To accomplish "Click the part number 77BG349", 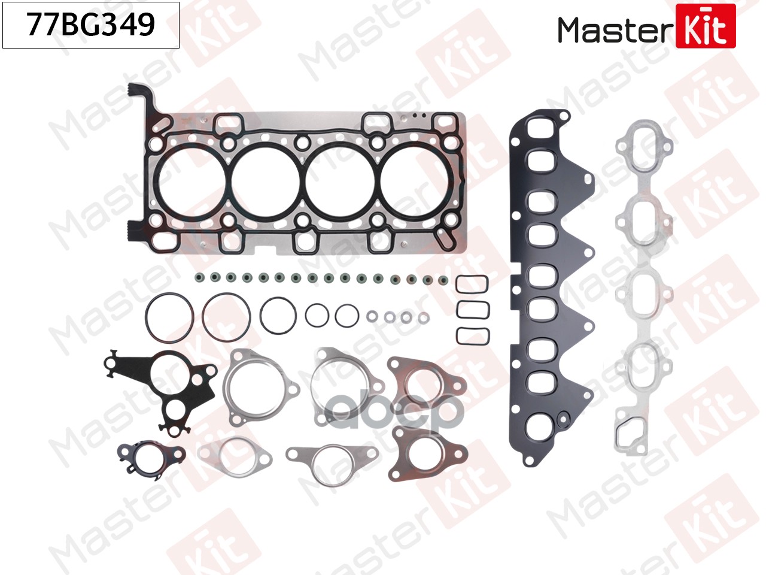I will [x=91, y=25].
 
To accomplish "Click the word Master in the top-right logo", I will [x=616, y=31].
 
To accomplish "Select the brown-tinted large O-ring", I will [x=226, y=317].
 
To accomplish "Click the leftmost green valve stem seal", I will [x=199, y=278].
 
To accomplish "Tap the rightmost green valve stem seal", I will [x=443, y=280].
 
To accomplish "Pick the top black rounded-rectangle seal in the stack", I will [x=472, y=285].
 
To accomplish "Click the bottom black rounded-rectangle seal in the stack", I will [x=472, y=336].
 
